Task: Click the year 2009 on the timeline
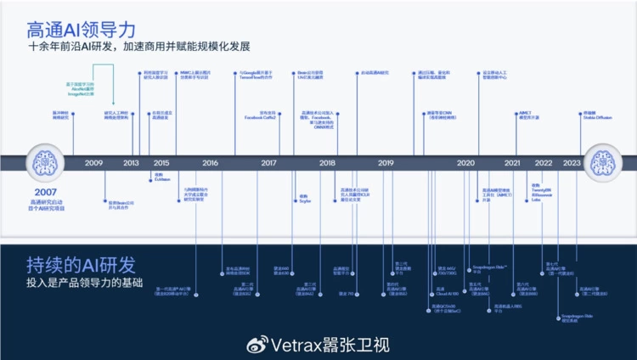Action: click(93, 162)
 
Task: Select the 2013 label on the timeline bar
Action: click(132, 162)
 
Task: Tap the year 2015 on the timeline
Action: click(161, 162)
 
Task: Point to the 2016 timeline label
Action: click(210, 162)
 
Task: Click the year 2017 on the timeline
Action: click(268, 162)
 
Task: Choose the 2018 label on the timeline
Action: click(327, 162)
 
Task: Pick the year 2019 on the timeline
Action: click(386, 162)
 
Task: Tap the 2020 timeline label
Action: click(465, 162)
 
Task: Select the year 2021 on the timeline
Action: click(512, 162)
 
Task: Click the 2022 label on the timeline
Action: click(544, 162)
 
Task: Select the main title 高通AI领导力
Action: click(82, 28)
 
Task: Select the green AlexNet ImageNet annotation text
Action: click(80, 89)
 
